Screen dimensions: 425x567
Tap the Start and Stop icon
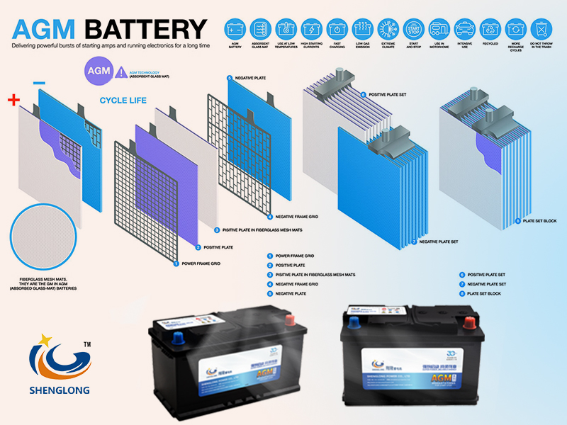coord(413,29)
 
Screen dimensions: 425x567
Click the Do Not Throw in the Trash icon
coord(541,29)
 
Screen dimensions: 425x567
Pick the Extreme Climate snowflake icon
coord(388,29)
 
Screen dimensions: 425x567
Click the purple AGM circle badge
coord(96,72)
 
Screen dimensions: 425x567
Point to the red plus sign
coord(13,100)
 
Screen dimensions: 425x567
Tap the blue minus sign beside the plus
coord(39,83)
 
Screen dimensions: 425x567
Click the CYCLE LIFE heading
coord(123,101)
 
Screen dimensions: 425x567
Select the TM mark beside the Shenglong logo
coord(88,345)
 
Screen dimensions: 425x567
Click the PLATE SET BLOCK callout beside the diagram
coord(541,221)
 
